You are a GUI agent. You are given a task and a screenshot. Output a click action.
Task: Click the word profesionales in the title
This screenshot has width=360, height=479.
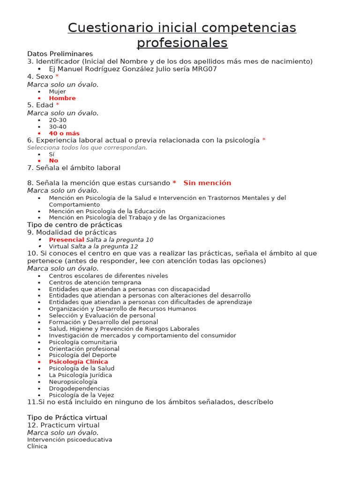182,43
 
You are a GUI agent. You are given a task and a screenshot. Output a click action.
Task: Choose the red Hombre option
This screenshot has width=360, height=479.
62,98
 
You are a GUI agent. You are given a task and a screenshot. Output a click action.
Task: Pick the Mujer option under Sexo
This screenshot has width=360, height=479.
57,92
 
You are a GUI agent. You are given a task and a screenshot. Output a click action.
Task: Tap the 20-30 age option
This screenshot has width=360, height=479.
58,120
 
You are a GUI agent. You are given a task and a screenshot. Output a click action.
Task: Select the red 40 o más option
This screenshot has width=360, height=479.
64,133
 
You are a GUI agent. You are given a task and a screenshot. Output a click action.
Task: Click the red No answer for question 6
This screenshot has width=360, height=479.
53,160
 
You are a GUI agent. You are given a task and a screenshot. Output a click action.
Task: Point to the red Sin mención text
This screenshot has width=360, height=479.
207,183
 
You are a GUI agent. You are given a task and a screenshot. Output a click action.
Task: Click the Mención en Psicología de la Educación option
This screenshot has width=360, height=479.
107,211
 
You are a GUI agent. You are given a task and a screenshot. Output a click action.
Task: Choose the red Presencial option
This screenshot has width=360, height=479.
67,239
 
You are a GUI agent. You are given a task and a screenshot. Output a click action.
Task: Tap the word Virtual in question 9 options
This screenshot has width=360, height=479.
59,246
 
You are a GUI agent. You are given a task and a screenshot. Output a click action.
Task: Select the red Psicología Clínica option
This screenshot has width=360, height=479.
78,362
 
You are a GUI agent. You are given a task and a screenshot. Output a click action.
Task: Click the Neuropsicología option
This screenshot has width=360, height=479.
73,382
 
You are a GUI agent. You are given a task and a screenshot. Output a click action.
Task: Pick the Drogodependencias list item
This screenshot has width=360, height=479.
79,388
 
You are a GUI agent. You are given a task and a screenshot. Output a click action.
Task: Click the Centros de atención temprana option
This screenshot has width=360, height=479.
95,283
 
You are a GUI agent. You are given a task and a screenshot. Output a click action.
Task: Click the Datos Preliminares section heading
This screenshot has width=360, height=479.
60,54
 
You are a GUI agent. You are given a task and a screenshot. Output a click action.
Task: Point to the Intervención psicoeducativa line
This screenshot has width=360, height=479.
69,440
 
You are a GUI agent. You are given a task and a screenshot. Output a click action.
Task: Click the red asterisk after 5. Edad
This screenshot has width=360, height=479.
58,105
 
